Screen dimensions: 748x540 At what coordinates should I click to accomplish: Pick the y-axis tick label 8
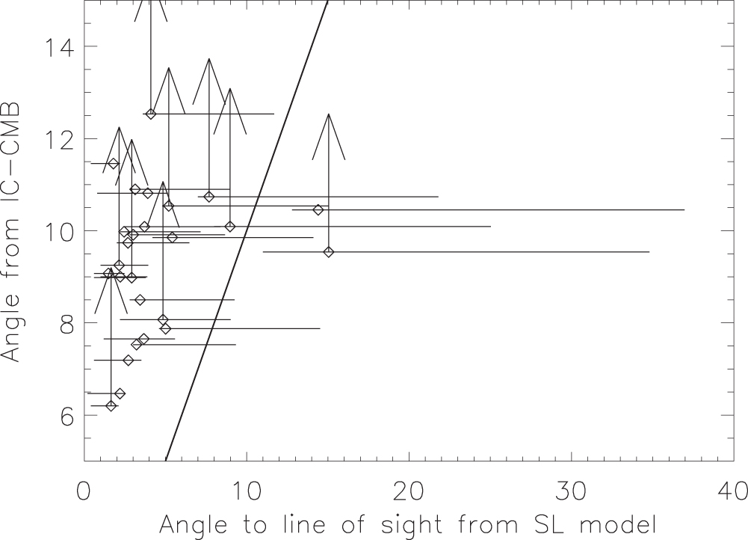(x=64, y=323)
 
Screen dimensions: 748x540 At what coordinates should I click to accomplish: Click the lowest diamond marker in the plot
(x=111, y=406)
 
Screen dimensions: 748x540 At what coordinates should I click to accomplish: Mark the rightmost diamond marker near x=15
(x=329, y=252)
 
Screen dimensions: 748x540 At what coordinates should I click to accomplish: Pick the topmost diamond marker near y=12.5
(x=151, y=114)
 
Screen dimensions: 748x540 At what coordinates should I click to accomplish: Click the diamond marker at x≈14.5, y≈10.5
(x=318, y=210)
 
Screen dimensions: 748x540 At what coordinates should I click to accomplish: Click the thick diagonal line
(x=247, y=232)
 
